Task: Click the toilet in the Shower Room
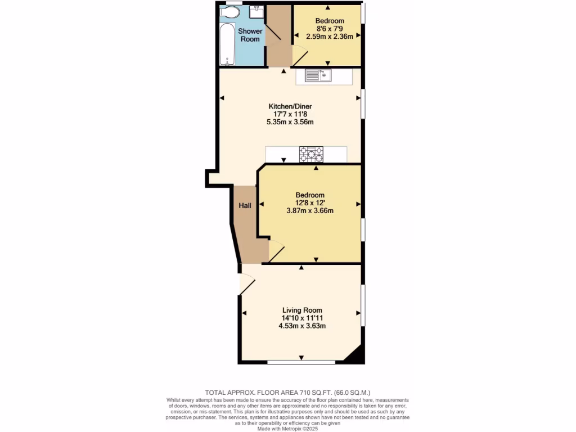tap(230, 12)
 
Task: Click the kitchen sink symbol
tap(319, 75)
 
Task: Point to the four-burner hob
tap(311, 154)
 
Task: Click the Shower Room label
tap(250, 35)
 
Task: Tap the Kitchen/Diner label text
tap(290, 106)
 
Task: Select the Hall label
tap(245, 206)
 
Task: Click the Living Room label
tap(302, 310)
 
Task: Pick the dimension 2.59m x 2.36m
tap(329, 37)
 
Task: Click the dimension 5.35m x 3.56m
tap(290, 122)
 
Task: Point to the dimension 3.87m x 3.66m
tap(310, 211)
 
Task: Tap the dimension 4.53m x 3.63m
tap(302, 326)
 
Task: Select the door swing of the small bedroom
tap(300, 55)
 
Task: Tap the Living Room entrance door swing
tap(246, 284)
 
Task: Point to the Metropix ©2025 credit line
tap(287, 428)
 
